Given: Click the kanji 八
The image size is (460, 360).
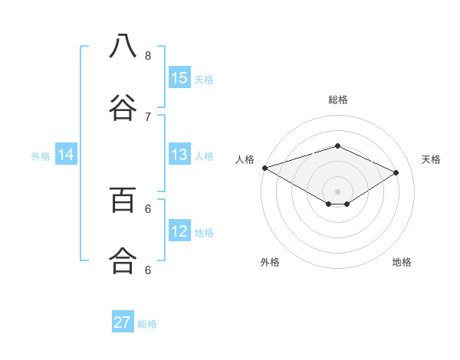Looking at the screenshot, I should point(123,47).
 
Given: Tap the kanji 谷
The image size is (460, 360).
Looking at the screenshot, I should point(123,108).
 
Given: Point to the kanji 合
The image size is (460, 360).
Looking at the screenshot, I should point(123,261).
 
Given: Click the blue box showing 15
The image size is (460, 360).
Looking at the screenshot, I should point(179,78).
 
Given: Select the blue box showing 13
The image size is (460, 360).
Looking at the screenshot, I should point(179,155).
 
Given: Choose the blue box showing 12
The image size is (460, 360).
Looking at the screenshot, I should point(179,231).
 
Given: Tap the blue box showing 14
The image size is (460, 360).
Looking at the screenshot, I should point(66,155).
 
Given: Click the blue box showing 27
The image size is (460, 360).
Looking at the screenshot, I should point(123,322).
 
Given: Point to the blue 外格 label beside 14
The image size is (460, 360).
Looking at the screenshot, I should point(41,155).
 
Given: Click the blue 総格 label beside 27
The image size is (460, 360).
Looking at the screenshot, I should point(147,324).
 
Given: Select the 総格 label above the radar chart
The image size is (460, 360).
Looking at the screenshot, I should point(338,100).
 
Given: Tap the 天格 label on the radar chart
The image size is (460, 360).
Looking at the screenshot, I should point(431,159).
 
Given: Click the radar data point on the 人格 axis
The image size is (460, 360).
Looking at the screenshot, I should point(264,168).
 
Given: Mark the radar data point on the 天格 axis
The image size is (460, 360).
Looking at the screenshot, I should point(396,172).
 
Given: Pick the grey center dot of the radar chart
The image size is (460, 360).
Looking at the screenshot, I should point(337,191).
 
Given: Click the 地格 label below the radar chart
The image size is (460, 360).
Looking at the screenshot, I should point(402,262).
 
